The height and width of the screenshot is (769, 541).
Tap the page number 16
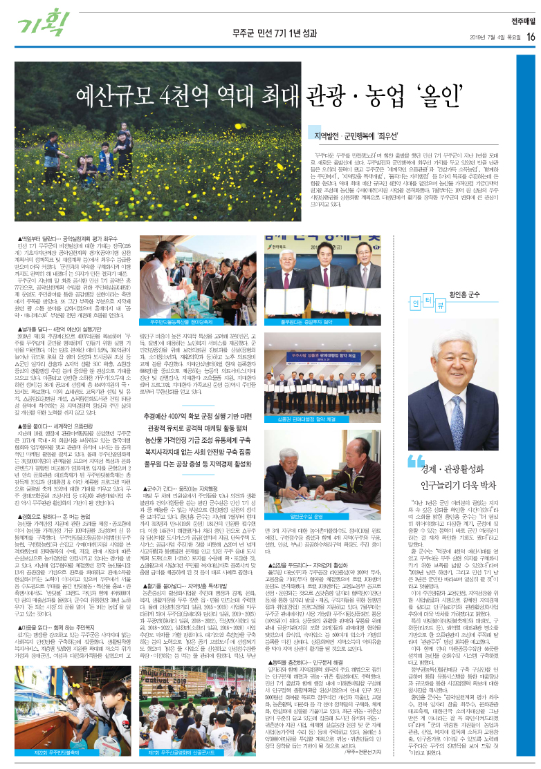(530, 37)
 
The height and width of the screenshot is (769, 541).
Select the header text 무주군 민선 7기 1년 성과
(270, 35)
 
